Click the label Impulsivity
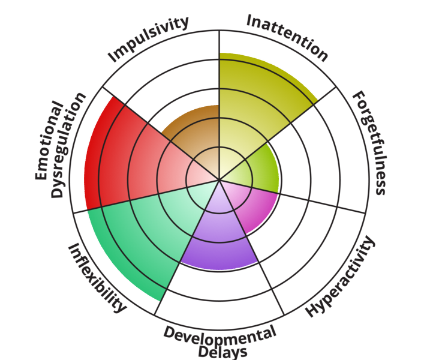[148, 39]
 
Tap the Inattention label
[287, 38]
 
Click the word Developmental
[220, 335]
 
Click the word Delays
[222, 352]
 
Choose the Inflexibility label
[97, 278]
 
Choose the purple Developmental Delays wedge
[220, 238]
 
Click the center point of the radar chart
[220, 179]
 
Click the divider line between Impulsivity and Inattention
[220, 105]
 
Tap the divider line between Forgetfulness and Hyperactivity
[292, 196]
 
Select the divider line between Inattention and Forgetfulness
[278, 133]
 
